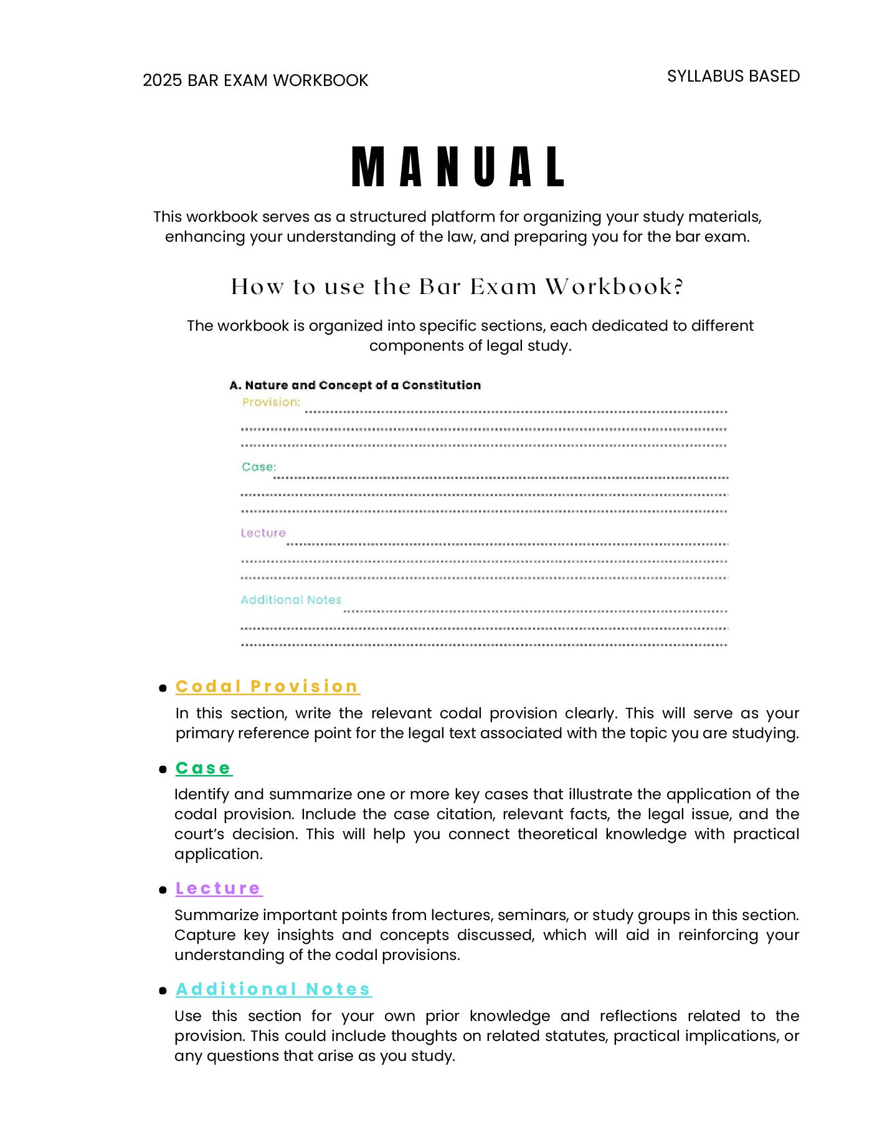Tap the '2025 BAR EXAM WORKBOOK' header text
(255, 80)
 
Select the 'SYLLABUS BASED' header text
(733, 76)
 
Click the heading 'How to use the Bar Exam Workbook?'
(457, 287)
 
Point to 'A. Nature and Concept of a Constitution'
(355, 385)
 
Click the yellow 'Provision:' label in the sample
(271, 402)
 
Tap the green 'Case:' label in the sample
(258, 467)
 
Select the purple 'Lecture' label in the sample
(263, 533)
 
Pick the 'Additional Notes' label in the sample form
(291, 599)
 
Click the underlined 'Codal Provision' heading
(267, 686)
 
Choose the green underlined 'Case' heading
(203, 768)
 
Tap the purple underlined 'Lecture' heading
(218, 888)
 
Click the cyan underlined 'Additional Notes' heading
(273, 989)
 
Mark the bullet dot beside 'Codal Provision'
(163, 688)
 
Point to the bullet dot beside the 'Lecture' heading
(163, 890)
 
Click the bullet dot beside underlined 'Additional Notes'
(163, 991)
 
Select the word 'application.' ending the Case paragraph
(219, 854)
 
